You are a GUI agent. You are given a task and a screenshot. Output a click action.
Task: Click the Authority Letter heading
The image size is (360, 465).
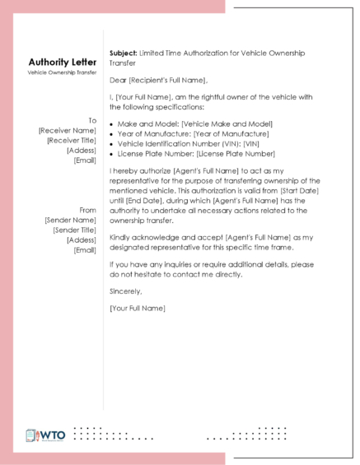point(62,63)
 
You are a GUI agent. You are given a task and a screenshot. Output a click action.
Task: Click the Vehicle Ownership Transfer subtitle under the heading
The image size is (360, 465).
point(62,74)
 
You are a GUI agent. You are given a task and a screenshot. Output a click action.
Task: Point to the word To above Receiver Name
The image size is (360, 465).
point(92,120)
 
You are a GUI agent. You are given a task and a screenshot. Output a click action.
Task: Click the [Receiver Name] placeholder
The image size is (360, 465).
point(68,130)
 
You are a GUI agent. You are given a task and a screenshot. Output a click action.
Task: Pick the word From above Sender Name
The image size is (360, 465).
point(87,211)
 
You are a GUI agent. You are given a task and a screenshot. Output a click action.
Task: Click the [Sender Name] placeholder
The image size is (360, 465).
point(72,221)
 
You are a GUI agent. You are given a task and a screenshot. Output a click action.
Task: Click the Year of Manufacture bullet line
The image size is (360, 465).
point(193,133)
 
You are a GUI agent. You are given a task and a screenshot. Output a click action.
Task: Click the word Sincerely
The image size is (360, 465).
point(125,291)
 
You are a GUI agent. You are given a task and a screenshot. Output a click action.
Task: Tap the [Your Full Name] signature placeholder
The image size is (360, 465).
point(137,308)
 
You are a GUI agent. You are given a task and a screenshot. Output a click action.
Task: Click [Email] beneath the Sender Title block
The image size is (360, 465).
point(85,250)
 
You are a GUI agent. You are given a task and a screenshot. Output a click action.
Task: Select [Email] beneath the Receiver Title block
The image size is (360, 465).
point(85,160)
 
